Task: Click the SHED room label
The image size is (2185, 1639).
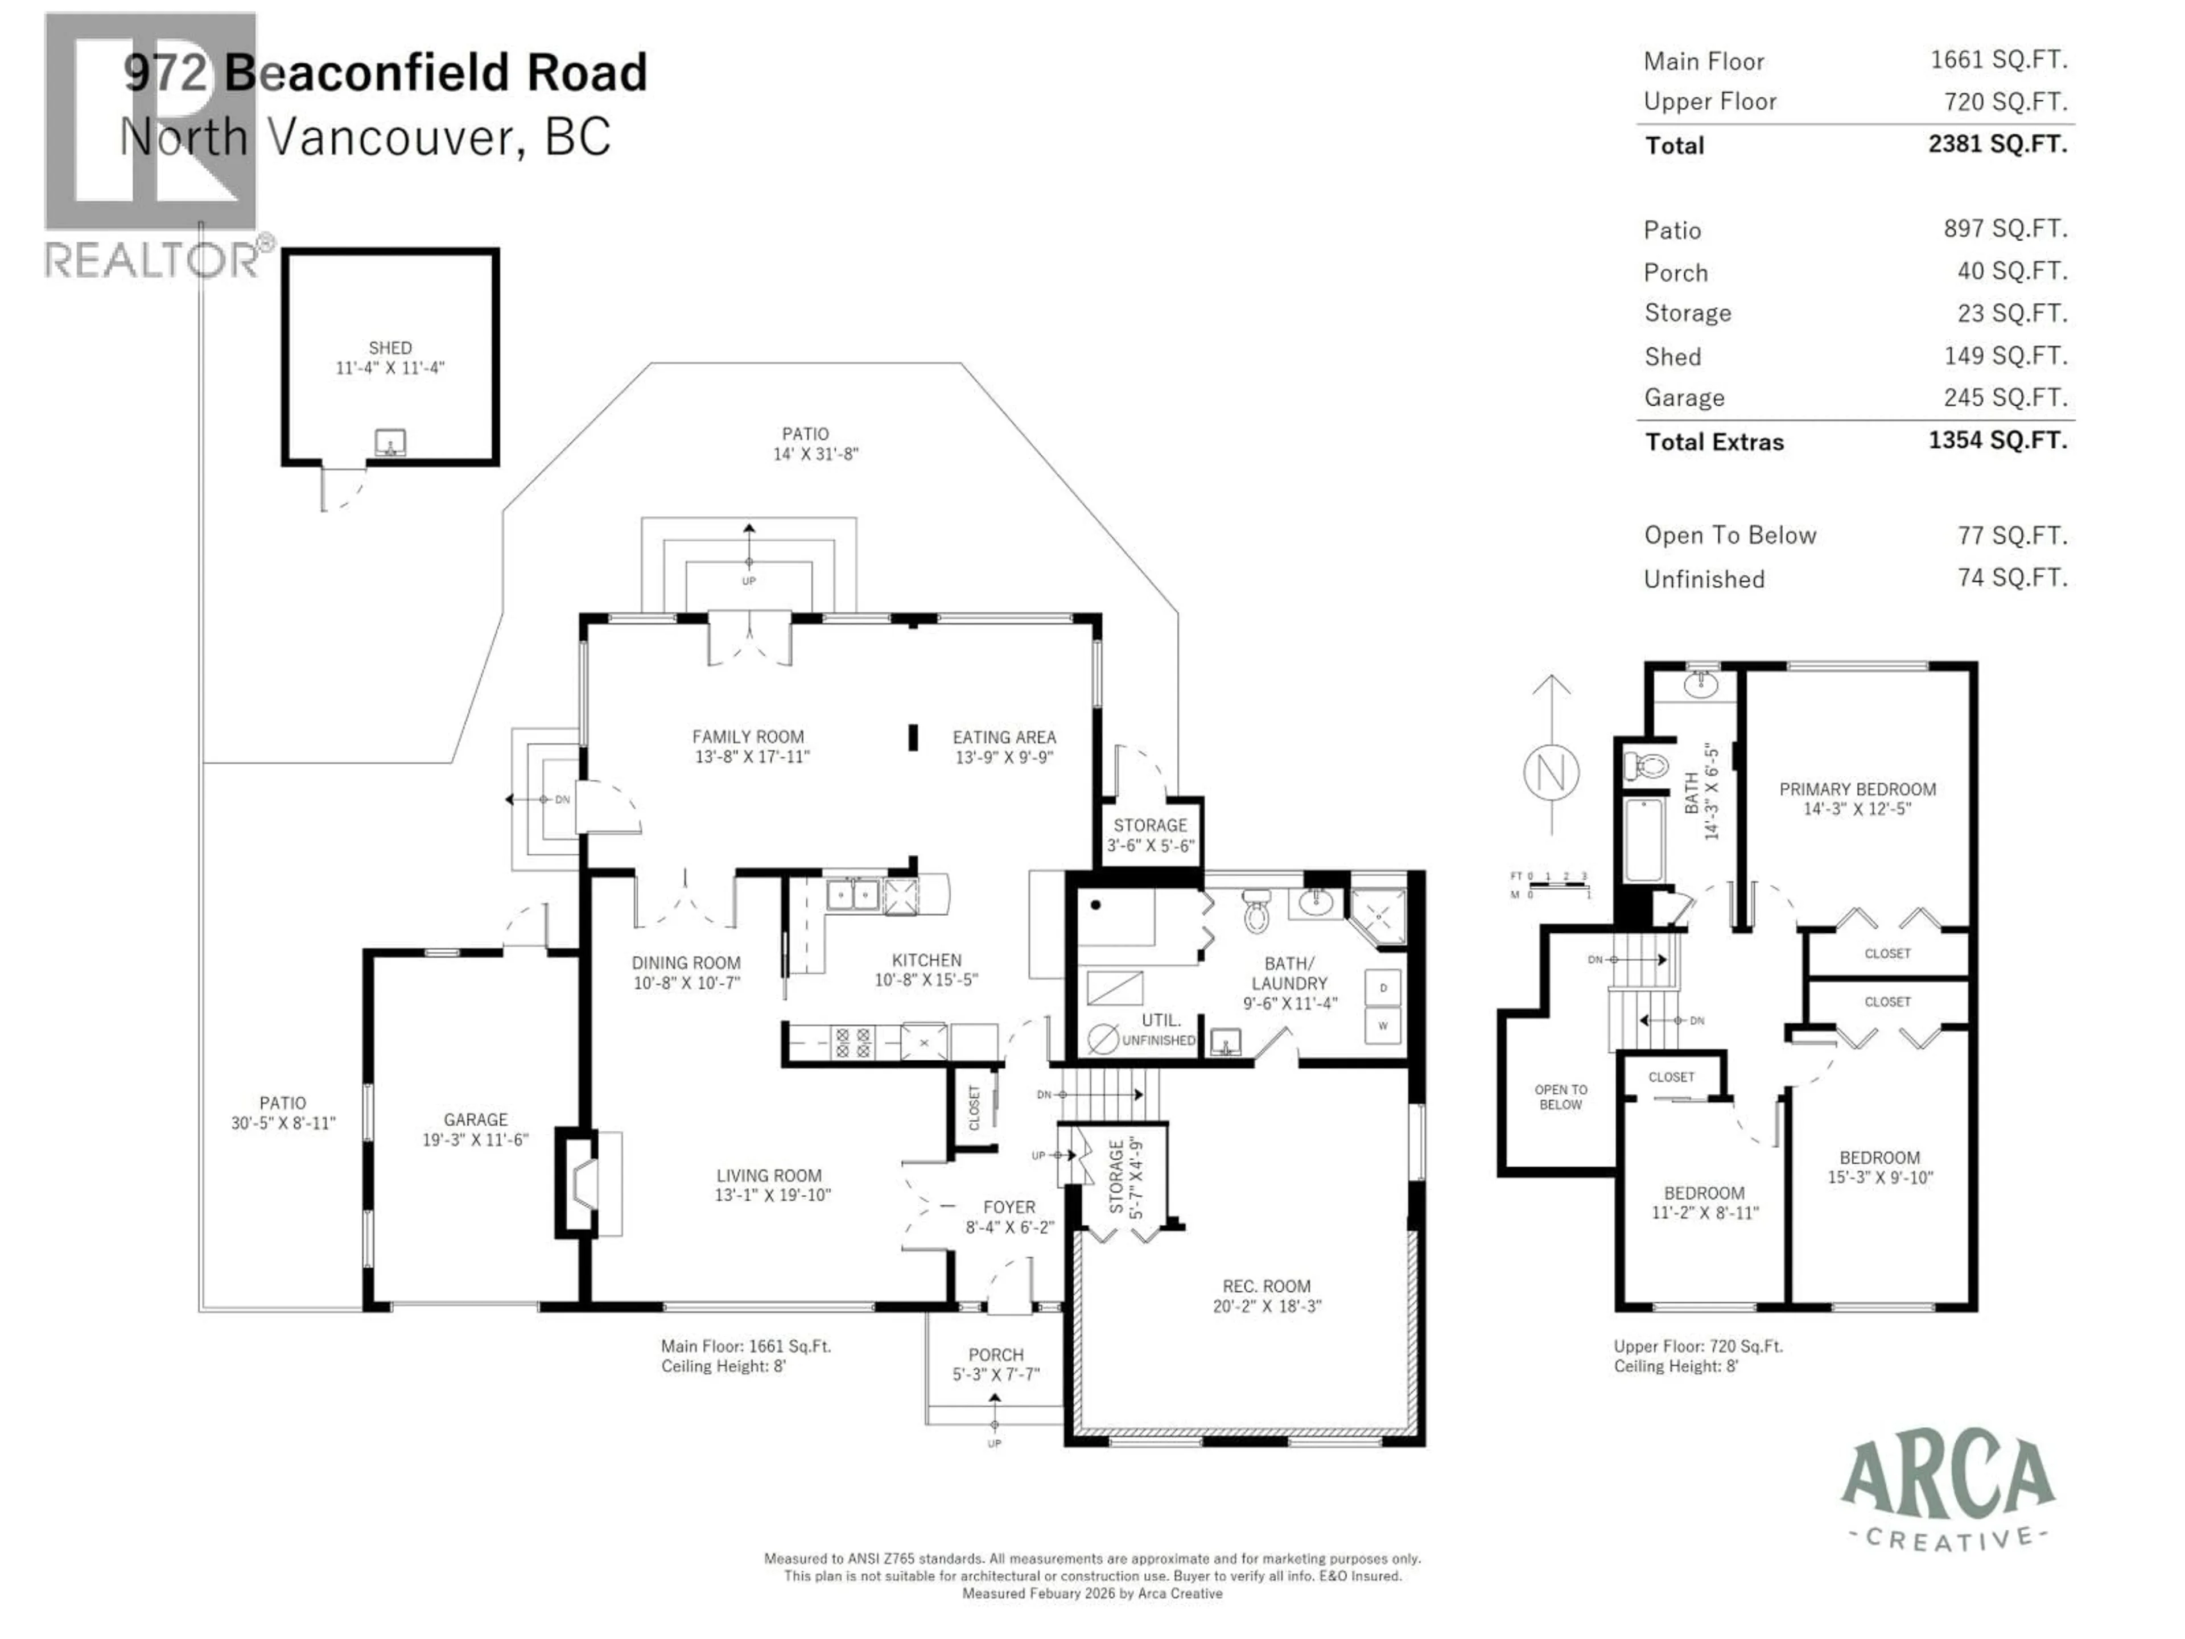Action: point(390,348)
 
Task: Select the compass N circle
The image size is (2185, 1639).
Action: point(1551,772)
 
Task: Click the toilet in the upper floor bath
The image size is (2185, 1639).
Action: point(1646,765)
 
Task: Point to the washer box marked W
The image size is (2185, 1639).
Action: point(1383,1026)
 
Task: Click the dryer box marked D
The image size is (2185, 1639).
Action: point(1383,987)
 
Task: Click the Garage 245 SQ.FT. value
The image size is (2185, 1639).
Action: point(2005,397)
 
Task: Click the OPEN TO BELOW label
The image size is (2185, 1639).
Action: point(1561,1097)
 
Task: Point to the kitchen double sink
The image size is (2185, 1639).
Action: point(852,895)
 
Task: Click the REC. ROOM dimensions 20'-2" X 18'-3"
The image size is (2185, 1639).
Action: point(1267,1306)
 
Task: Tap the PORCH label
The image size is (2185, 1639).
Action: point(996,1354)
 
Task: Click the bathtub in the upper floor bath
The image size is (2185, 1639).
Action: point(1644,840)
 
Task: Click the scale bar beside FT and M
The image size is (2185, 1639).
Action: point(1558,885)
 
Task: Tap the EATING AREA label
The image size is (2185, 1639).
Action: point(1004,737)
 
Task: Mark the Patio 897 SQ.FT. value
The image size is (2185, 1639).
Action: point(2005,229)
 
